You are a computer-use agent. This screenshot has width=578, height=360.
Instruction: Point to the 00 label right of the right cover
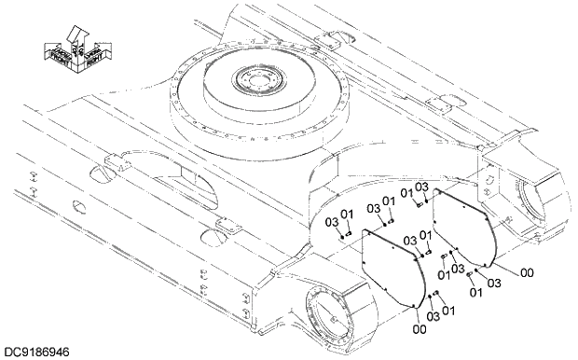pyautogui.click(x=527, y=272)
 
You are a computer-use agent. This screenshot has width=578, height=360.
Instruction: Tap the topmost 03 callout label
pyautogui.click(x=420, y=187)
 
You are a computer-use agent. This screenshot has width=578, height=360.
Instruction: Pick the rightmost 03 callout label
pyautogui.click(x=493, y=283)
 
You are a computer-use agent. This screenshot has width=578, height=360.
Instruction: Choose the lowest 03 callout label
pyautogui.click(x=433, y=317)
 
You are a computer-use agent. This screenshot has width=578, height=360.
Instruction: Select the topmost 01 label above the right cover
pyautogui.click(x=406, y=193)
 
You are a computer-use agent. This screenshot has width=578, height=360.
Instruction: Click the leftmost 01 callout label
pyautogui.click(x=347, y=215)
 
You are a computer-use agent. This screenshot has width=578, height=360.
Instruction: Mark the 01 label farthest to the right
pyautogui.click(x=475, y=293)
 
